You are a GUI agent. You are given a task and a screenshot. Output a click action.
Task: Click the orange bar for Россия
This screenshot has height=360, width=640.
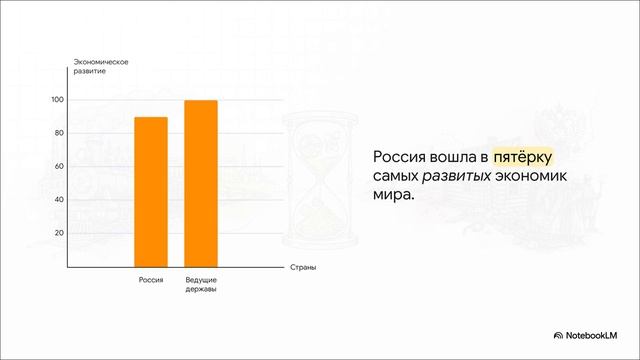coord(151,192)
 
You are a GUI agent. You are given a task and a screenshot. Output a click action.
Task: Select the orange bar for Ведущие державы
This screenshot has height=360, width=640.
coord(201,184)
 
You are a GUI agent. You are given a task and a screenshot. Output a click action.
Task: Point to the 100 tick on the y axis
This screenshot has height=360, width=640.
coord(57,100)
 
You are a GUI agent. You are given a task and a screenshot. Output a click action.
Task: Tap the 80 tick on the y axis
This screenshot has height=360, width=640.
coord(58,133)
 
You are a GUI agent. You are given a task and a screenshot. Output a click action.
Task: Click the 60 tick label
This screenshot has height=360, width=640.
coord(58,166)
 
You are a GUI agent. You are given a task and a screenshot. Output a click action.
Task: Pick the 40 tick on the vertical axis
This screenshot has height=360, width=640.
coord(58,199)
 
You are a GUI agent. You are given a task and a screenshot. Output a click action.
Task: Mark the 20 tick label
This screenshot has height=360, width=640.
coord(58,232)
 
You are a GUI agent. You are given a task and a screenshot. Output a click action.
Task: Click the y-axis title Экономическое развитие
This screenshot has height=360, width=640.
coord(101,68)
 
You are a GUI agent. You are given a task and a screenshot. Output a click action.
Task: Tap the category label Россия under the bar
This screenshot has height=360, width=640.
coord(151,280)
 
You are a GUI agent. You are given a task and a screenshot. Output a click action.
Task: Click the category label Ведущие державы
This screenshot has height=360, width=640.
coord(201,285)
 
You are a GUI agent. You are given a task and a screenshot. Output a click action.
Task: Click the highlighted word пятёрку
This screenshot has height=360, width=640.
coord(522,158)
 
